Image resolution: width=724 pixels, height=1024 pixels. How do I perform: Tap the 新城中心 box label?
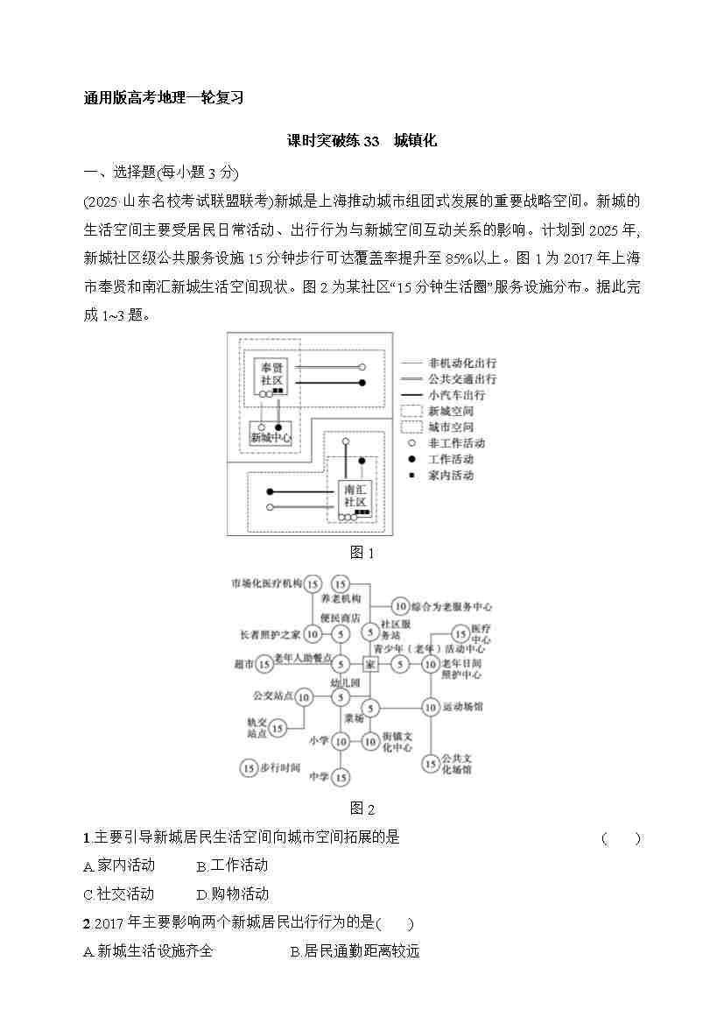click(271, 436)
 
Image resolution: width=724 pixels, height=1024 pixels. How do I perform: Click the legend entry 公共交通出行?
click(461, 379)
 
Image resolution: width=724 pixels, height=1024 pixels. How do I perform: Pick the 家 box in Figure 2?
click(370, 665)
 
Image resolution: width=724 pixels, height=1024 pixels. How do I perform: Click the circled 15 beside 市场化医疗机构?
click(313, 583)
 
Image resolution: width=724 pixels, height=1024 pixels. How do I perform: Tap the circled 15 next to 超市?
click(264, 665)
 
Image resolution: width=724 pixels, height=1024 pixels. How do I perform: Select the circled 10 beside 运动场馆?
click(430, 706)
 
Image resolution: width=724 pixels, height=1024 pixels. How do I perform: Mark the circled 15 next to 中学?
click(341, 777)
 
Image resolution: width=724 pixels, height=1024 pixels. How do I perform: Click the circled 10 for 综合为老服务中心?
click(399, 606)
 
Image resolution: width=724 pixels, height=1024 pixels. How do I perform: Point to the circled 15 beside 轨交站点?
click(278, 727)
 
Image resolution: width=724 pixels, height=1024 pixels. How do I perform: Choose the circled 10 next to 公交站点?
click(303, 697)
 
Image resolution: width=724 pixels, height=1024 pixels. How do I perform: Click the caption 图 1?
click(362, 553)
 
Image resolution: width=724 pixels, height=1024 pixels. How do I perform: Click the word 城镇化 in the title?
click(415, 140)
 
